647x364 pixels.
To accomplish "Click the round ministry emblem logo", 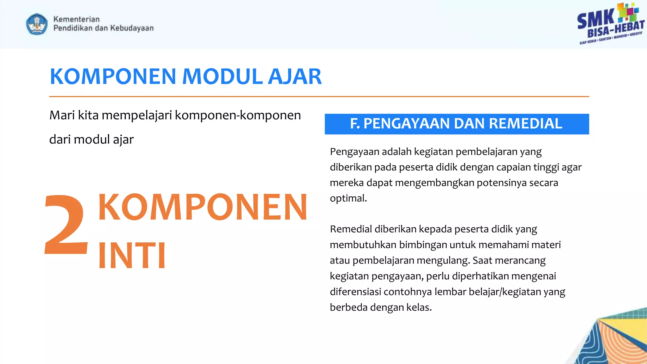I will tap(37, 24).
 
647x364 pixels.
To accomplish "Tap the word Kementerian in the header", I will tap(76, 19).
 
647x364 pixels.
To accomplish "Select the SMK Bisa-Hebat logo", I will tap(610, 24).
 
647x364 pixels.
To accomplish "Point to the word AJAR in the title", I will tap(294, 77).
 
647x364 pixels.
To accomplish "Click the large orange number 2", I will tap(66, 225).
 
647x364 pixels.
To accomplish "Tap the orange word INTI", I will tap(132, 255).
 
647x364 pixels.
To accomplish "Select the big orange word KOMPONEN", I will tap(203, 207).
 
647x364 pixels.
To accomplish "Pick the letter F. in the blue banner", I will tap(355, 124).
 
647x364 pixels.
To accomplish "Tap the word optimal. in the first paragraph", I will tap(348, 198).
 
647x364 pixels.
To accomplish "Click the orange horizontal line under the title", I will tap(319, 96).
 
